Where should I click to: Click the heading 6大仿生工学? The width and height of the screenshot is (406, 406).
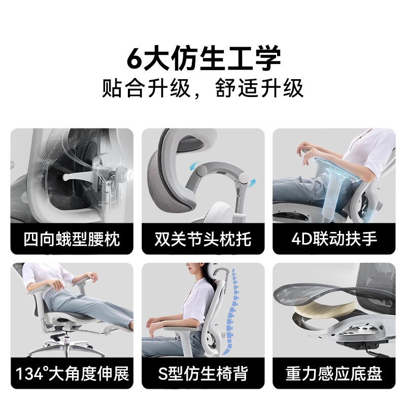pyautogui.click(x=204, y=58)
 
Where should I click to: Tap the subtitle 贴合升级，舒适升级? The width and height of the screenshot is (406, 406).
pyautogui.click(x=202, y=88)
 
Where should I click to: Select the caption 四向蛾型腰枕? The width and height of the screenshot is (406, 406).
pyautogui.click(x=72, y=239)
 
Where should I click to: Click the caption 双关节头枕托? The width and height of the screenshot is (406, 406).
pyautogui.click(x=202, y=239)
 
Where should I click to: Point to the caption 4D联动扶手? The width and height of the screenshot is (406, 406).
pyautogui.click(x=334, y=239)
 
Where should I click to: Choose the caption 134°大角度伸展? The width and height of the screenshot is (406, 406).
pyautogui.click(x=72, y=374)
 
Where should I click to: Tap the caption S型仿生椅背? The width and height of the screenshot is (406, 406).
pyautogui.click(x=202, y=374)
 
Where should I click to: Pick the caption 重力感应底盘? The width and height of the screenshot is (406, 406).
pyautogui.click(x=334, y=374)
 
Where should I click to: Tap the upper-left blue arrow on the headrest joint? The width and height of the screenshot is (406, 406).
pyautogui.click(x=194, y=166)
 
